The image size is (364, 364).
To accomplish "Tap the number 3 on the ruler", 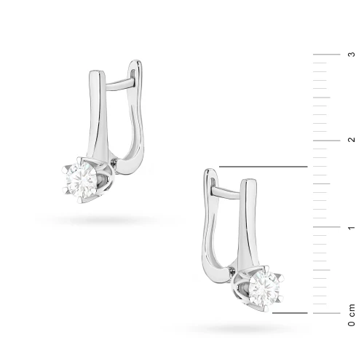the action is coord(352,55).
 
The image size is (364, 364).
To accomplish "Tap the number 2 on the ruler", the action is coord(352,140).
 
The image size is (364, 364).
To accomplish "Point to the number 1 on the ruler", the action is coord(352,227).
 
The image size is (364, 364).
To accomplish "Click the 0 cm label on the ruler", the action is coord(352,314).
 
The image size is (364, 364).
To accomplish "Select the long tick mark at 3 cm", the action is coord(327,55).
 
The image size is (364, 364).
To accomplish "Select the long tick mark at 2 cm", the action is coord(327,141).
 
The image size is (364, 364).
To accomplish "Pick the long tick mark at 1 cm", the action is coord(327,226).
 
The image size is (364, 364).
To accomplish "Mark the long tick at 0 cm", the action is coord(327,313).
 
